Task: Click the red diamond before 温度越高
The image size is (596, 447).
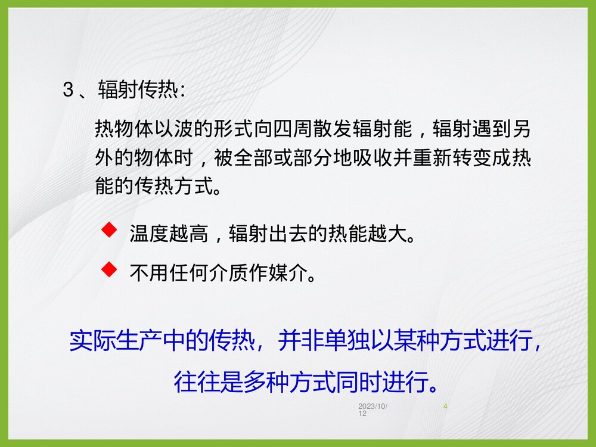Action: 108,229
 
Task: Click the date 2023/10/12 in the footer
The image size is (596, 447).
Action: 372,409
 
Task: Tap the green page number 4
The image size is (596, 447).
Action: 446,406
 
